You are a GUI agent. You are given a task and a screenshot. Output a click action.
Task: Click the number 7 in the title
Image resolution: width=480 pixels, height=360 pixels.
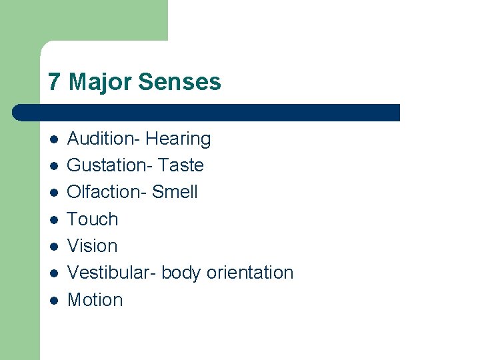point(55,82)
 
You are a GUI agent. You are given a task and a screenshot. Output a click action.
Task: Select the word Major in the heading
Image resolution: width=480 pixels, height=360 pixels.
point(99,82)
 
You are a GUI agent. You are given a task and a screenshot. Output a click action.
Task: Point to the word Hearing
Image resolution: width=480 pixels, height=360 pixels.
point(178,139)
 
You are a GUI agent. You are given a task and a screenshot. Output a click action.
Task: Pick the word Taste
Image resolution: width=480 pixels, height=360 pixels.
point(181,165)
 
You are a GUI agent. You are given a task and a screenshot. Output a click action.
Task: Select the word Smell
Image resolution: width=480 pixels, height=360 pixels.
point(175,192)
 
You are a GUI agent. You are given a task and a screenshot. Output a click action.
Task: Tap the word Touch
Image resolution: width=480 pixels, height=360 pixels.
point(93,219)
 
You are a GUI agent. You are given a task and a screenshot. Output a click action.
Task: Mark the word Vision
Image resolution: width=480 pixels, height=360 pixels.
point(93,246)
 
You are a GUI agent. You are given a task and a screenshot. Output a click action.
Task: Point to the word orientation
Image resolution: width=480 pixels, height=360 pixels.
point(250,273)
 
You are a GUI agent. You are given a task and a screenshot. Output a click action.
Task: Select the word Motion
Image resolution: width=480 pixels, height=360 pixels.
point(95,300)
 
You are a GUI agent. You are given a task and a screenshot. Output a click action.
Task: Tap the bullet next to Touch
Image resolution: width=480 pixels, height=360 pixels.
point(54,220)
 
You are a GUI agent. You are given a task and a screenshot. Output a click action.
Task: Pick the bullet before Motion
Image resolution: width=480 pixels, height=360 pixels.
point(54,301)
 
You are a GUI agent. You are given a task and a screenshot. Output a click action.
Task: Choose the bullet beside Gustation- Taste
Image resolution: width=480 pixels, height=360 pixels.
point(54,166)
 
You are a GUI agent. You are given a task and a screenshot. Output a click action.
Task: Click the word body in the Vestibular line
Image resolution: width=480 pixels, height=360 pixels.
point(181,273)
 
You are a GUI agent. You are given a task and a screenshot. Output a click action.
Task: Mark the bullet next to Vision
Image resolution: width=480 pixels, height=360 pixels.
point(54,247)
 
